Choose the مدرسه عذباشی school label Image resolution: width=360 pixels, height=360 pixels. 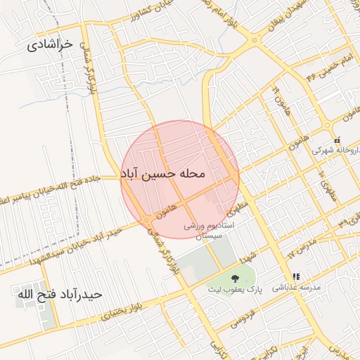pos(301,288)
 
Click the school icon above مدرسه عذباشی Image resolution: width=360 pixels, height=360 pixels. pos(296,277)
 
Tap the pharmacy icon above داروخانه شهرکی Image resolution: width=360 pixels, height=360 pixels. pos(337,139)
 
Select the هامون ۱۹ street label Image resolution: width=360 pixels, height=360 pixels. pos(280,98)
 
